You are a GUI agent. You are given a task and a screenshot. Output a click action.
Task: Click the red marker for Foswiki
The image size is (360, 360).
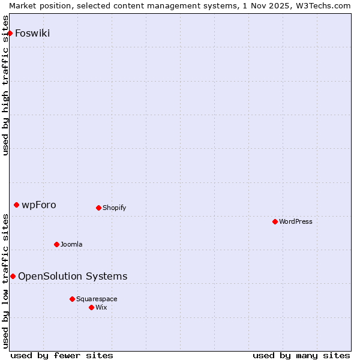click(10, 33)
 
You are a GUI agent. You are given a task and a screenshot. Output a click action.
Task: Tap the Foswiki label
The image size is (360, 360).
click(32, 33)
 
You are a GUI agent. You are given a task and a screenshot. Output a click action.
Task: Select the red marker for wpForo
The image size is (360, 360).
click(17, 205)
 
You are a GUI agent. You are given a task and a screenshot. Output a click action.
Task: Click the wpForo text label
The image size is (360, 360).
click(39, 205)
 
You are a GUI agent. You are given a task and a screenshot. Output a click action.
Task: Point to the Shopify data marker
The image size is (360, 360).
click(99, 208)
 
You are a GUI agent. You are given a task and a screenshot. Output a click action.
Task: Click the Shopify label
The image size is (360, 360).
click(114, 208)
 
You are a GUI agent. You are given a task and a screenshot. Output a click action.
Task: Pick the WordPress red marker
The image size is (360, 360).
click(275, 221)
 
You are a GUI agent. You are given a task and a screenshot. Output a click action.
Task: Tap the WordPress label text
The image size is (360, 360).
click(296, 221)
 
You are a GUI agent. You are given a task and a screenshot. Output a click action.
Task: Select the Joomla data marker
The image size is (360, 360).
click(57, 244)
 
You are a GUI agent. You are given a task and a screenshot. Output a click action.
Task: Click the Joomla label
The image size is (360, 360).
click(71, 244)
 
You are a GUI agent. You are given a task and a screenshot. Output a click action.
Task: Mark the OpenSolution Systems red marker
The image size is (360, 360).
click(13, 276)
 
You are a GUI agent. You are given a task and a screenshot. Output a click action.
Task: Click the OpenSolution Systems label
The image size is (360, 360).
click(73, 276)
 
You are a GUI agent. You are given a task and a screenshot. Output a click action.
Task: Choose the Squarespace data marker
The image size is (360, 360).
click(73, 299)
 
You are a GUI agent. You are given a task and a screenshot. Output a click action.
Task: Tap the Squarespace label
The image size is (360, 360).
click(97, 299)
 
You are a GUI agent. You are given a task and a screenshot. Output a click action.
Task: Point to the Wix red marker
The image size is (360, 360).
click(92, 307)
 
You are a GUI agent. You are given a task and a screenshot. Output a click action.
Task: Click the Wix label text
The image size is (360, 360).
click(101, 307)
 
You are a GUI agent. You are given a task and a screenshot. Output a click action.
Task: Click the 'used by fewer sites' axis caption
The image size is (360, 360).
click(62, 355)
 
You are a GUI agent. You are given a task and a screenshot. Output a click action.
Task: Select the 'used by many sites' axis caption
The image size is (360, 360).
click(301, 355)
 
